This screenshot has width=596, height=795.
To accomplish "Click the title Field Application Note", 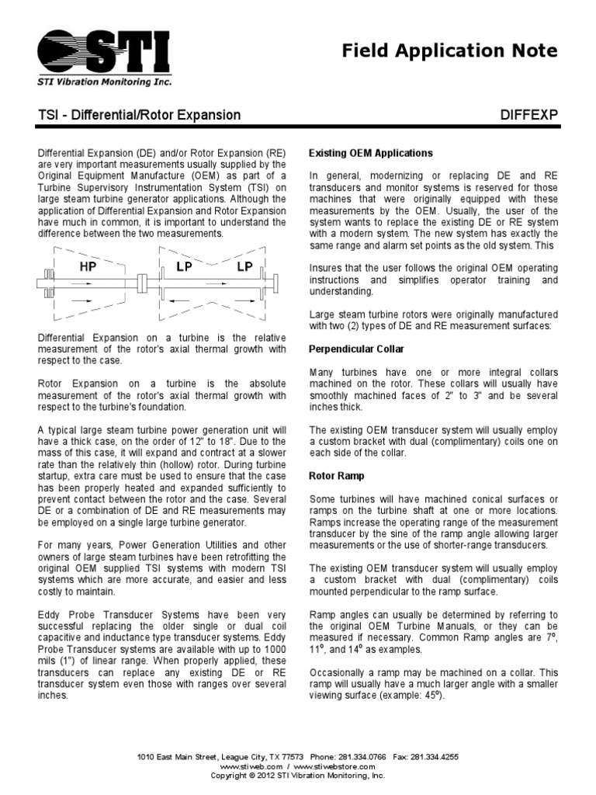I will (450, 51).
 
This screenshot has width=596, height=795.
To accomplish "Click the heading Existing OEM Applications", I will (371, 153).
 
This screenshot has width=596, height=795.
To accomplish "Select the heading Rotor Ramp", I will (337, 474).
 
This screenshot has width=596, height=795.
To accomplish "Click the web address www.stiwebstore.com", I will (341, 765).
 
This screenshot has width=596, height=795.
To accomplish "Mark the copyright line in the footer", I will (298, 775).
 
